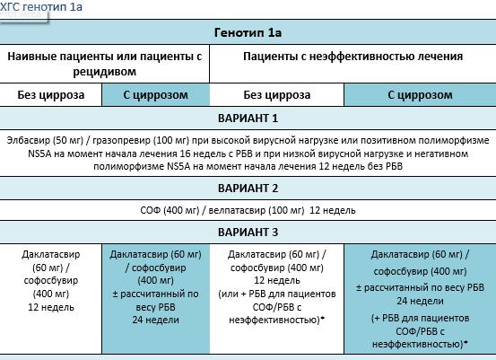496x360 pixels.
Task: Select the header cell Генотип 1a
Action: (248, 32)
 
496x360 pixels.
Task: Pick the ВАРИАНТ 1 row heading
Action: (248, 118)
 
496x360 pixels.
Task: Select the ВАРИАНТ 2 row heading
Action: (248, 188)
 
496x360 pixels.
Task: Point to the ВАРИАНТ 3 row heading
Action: (248, 232)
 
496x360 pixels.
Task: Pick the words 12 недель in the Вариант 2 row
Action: (333, 210)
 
